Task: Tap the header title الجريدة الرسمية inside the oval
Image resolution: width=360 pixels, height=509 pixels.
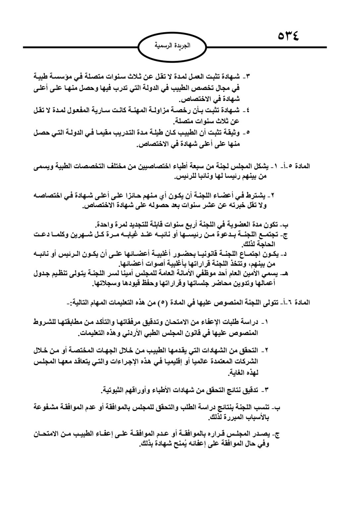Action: click(x=173, y=46)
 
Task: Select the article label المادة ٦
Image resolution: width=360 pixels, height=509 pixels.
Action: click(x=299, y=303)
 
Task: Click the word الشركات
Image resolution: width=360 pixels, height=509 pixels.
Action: click(x=246, y=361)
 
